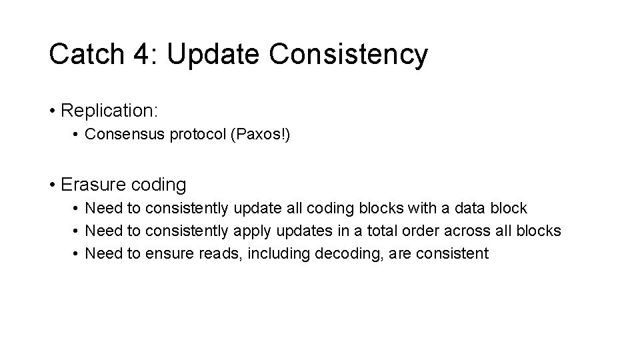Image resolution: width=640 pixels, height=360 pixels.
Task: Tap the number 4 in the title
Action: (x=145, y=55)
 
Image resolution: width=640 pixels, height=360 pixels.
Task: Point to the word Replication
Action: (x=109, y=109)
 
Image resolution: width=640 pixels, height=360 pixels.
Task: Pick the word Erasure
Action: (x=87, y=183)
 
